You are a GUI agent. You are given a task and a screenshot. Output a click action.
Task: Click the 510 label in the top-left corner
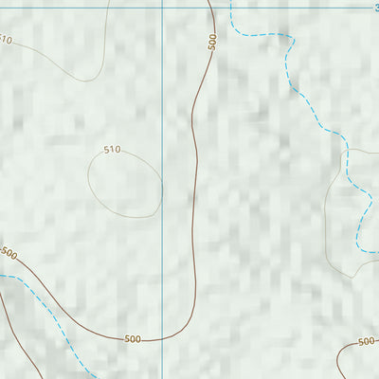[x=6, y=40]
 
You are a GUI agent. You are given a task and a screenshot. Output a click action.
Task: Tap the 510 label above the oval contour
[x=112, y=150]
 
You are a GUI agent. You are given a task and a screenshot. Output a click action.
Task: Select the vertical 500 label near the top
[x=211, y=42]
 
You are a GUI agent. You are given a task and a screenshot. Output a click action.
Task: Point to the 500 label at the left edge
[x=9, y=253]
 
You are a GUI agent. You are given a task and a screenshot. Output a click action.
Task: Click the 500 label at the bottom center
[x=133, y=338]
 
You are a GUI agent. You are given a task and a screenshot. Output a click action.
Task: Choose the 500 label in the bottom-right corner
[x=367, y=341]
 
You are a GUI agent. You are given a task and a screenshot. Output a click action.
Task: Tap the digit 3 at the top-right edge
[x=375, y=7]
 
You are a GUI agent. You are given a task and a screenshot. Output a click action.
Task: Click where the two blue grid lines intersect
[x=162, y=6]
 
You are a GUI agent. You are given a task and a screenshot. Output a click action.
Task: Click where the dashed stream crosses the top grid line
[x=230, y=6]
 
